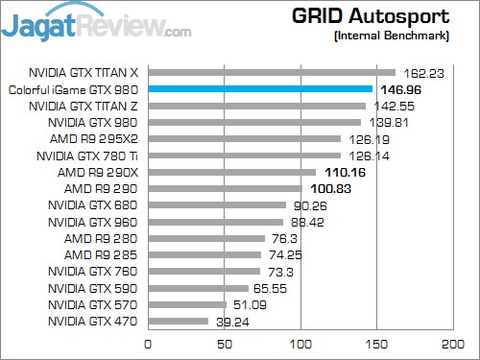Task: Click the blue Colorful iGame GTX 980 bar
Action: (x=259, y=89)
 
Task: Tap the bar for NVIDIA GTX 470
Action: (x=178, y=321)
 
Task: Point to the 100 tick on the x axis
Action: (x=301, y=343)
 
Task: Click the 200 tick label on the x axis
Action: (x=453, y=343)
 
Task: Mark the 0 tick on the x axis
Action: (x=148, y=343)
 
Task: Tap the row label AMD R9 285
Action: (x=103, y=254)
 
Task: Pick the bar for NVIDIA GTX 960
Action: (x=215, y=221)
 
